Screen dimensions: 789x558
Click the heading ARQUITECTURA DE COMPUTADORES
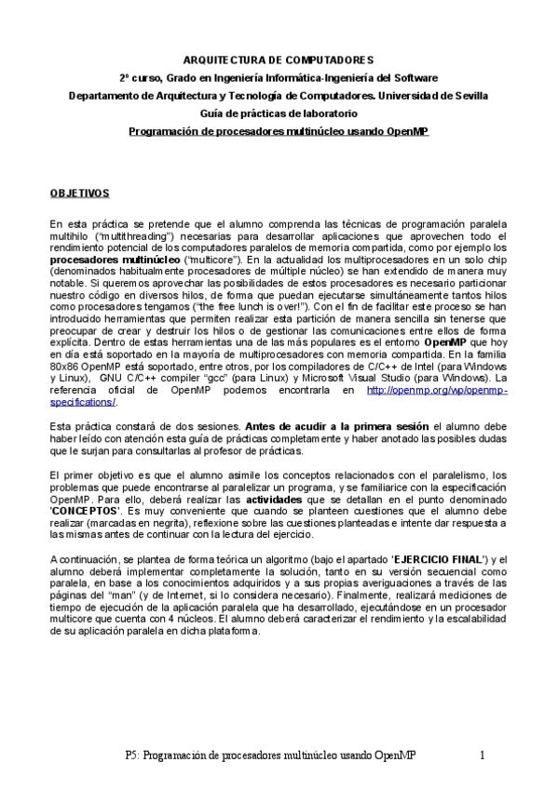[x=278, y=59]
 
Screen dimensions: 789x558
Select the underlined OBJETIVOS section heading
[x=79, y=193]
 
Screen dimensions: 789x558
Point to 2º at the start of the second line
[x=124, y=77]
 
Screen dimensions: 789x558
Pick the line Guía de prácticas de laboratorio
[x=278, y=114]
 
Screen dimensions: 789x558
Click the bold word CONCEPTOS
[x=82, y=510]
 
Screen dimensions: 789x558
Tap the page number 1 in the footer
[x=483, y=756]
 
